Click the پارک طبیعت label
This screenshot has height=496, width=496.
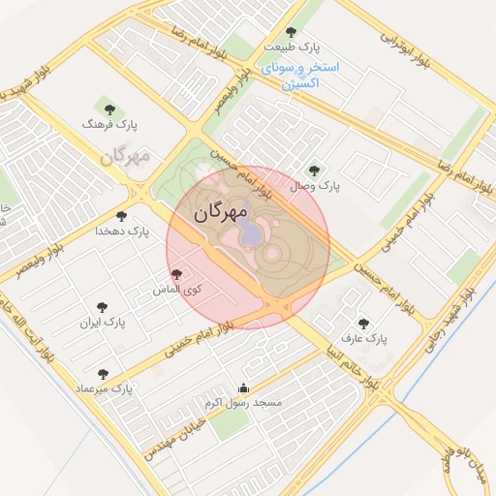pos(296,47)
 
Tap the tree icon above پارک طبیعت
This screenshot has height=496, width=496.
pos(293,33)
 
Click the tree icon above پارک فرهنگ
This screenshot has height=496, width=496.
pos(107,108)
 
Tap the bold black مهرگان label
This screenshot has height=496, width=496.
pos(221,210)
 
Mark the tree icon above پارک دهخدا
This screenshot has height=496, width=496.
pos(121,216)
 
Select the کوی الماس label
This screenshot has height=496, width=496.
pos(178,290)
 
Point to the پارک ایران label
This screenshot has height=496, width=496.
pos(104,321)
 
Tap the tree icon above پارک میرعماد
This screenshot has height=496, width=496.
pos(103,372)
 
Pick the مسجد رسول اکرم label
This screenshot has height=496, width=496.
pos(243,402)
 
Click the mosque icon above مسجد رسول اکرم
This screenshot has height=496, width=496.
pos(243,387)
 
